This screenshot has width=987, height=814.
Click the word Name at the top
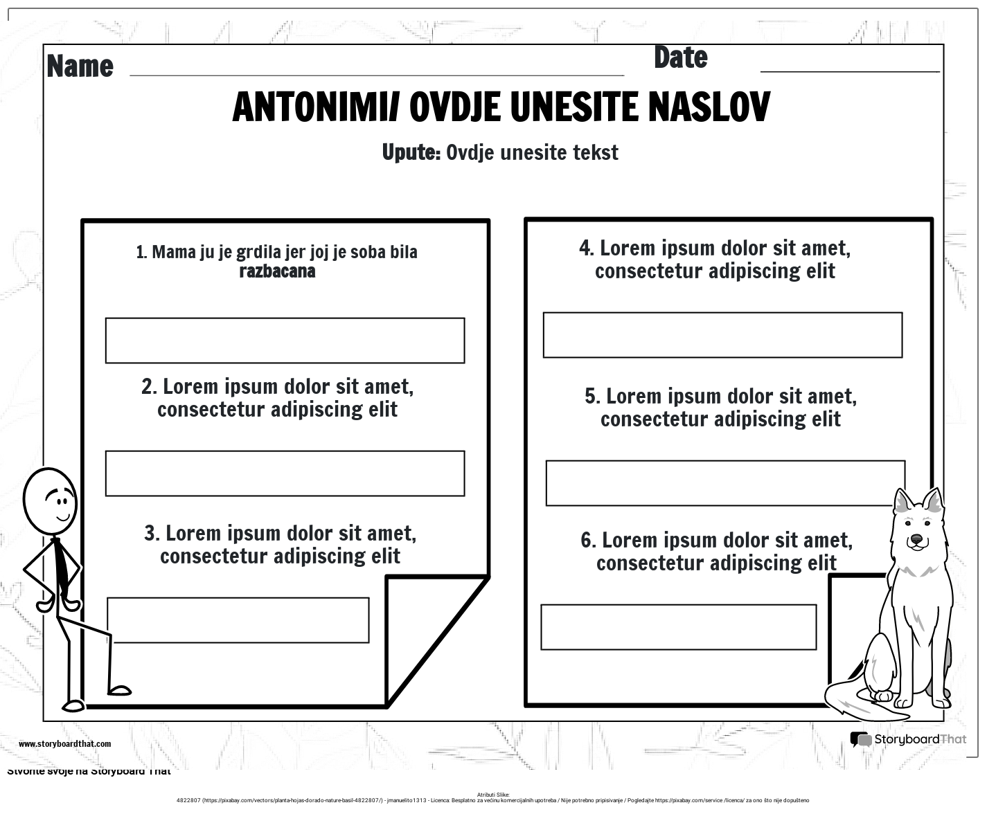pos(80,66)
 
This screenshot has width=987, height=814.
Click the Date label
pos(680,58)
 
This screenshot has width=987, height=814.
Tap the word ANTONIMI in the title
pos(314,107)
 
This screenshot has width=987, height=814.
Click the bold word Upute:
pos(411,152)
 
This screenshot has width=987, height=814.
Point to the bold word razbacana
pos(277,271)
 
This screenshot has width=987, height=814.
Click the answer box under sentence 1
pos(285,341)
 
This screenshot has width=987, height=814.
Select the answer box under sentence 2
pos(285,473)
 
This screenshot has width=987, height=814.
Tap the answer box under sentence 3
pos(238,620)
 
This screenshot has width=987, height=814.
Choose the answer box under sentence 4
pos(722,335)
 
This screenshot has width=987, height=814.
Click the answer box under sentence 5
pos(725,483)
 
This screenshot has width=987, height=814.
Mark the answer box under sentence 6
pos(678,627)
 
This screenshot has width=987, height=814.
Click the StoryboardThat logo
pos(907,739)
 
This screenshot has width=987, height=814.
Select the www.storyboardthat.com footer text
pos(64,744)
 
